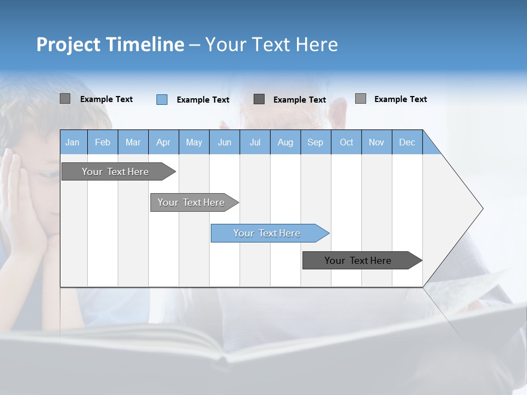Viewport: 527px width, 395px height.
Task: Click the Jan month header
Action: click(x=73, y=142)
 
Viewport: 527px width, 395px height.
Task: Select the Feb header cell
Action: click(x=103, y=142)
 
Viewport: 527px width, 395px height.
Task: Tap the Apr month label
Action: click(x=163, y=142)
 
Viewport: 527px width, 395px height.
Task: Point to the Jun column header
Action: click(x=224, y=142)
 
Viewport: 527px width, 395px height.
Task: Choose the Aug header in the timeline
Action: click(x=285, y=142)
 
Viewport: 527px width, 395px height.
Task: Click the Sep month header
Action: click(x=315, y=142)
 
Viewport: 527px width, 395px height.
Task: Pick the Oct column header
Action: click(x=346, y=142)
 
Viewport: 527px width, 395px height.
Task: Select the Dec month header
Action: click(x=407, y=142)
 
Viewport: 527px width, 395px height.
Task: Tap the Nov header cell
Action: click(x=376, y=142)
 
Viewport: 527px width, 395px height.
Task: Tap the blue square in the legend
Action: click(x=162, y=99)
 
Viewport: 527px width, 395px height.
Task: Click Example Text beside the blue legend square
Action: click(x=203, y=100)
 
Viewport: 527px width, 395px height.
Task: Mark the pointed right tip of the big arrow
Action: click(x=481, y=208)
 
